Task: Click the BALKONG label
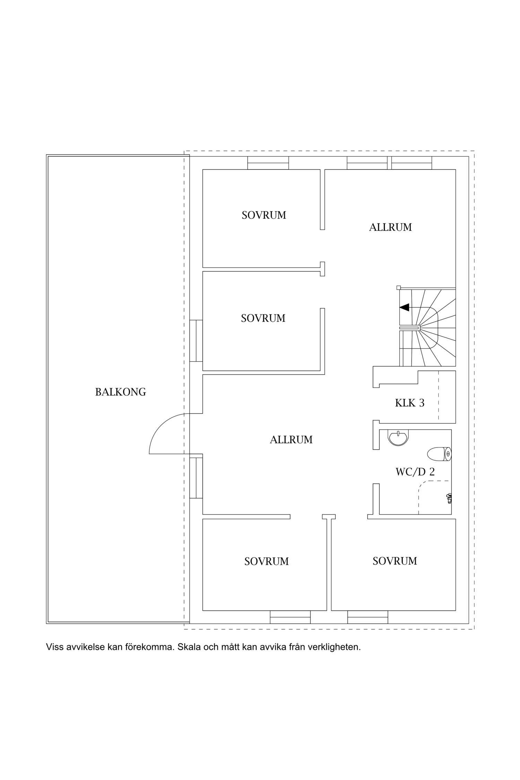pyautogui.click(x=121, y=392)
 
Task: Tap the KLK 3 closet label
pyautogui.click(x=410, y=403)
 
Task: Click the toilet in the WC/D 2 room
pyautogui.click(x=439, y=453)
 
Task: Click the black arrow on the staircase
pyautogui.click(x=405, y=307)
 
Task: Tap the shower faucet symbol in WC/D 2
pyautogui.click(x=449, y=498)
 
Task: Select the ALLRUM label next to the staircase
pyautogui.click(x=390, y=227)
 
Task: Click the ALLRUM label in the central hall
pyautogui.click(x=291, y=440)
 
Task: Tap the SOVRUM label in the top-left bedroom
pyautogui.click(x=264, y=215)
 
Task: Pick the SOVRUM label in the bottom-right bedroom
pyautogui.click(x=395, y=561)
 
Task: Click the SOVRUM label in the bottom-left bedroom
pyautogui.click(x=267, y=561)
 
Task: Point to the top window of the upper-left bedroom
pyautogui.click(x=268, y=163)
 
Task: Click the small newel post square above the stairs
pyautogui.click(x=399, y=287)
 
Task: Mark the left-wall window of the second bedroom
pyautogui.click(x=196, y=341)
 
